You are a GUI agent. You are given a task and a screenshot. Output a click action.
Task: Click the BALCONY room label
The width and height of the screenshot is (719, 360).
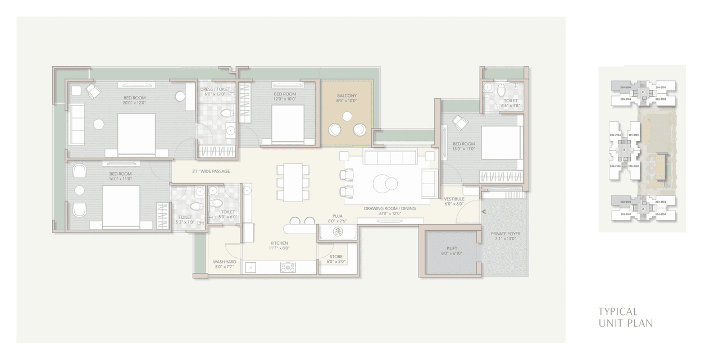[347, 96]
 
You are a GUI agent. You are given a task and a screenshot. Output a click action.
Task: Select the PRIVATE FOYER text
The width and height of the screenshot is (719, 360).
[506, 234]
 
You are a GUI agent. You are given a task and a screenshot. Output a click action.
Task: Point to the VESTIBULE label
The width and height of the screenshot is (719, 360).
[454, 199]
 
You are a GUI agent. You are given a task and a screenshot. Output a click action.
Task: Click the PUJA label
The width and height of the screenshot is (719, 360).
[337, 216]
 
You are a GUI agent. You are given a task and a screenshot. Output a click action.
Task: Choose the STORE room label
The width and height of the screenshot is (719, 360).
[336, 257]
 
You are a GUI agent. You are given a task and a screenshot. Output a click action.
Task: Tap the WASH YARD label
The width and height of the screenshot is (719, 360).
[224, 262]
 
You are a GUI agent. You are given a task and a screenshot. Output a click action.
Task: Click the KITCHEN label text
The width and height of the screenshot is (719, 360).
[279, 243]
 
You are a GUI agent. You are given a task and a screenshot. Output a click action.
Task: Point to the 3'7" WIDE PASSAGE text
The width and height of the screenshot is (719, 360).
[211, 171]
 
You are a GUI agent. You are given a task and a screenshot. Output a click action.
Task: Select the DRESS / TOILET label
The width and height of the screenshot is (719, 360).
[215, 89]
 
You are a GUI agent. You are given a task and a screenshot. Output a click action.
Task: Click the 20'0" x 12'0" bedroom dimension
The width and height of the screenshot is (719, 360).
[134, 103]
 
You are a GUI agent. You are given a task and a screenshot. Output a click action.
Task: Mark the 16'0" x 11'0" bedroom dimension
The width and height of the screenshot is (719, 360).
[120, 179]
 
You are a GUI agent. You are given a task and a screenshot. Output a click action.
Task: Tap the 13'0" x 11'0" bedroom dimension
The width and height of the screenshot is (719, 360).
[463, 149]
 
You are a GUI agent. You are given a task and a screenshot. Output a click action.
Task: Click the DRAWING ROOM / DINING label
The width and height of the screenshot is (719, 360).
[389, 208]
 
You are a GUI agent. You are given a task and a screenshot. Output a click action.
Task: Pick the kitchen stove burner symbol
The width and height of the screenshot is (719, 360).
[288, 268]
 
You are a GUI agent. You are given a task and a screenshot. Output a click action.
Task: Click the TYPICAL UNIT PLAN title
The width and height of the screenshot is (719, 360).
[625, 317]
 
